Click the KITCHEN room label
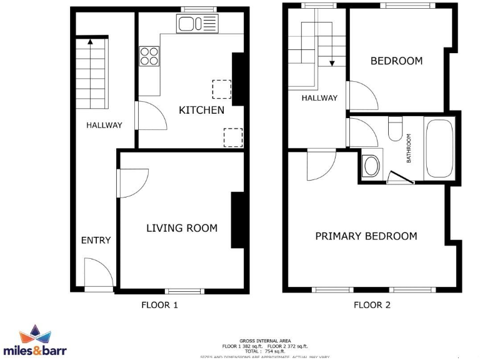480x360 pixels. point(201,111)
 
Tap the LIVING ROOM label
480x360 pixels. point(182,228)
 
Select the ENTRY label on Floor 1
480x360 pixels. point(96,240)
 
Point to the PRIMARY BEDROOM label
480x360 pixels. point(366,236)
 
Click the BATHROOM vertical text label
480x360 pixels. point(409,149)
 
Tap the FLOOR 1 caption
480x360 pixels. point(159,306)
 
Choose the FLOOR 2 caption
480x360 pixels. point(372,306)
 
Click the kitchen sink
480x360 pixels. point(197,25)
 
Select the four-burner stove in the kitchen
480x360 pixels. point(149,57)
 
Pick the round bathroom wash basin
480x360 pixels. point(372,166)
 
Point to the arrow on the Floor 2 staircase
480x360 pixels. point(332,62)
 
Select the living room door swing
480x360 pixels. point(131,184)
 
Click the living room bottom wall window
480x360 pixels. point(184,291)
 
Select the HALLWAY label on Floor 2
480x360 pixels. point(319,98)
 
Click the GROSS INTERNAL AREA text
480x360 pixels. point(265,341)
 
